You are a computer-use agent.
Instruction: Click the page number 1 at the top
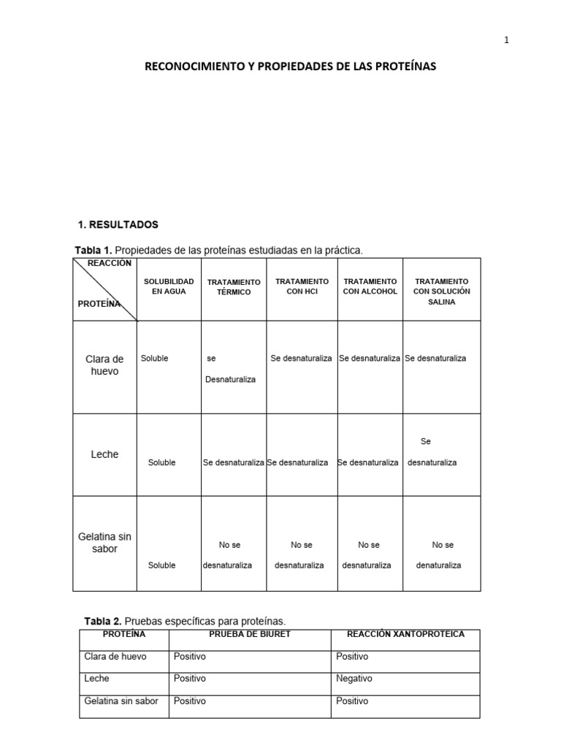pos(506,40)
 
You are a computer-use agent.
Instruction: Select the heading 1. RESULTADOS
pos(118,224)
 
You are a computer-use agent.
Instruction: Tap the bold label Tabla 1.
pos(93,251)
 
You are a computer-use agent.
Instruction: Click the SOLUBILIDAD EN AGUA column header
pos(169,286)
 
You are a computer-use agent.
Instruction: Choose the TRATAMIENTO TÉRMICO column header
pos(234,287)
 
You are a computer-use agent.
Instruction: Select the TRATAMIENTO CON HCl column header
pos(302,286)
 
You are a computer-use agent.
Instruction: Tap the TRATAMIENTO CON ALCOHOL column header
pos(370,286)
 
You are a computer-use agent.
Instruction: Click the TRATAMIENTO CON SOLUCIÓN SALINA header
pos(441,291)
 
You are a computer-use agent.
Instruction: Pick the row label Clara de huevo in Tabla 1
pos(104,365)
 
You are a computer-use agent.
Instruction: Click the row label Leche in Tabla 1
pos(104,454)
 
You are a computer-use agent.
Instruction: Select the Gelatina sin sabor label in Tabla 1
pos(104,543)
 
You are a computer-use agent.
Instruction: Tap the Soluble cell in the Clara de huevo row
pos(154,359)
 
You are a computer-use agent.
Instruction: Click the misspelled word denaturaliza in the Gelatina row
pos(438,565)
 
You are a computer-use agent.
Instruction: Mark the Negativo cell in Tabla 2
pos(354,679)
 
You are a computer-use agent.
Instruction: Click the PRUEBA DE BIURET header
pos(250,634)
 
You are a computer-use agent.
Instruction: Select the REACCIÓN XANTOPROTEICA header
pos(405,634)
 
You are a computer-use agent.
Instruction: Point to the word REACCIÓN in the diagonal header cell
pos(110,263)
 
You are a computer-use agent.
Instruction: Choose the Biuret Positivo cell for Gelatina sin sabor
pos(190,701)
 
